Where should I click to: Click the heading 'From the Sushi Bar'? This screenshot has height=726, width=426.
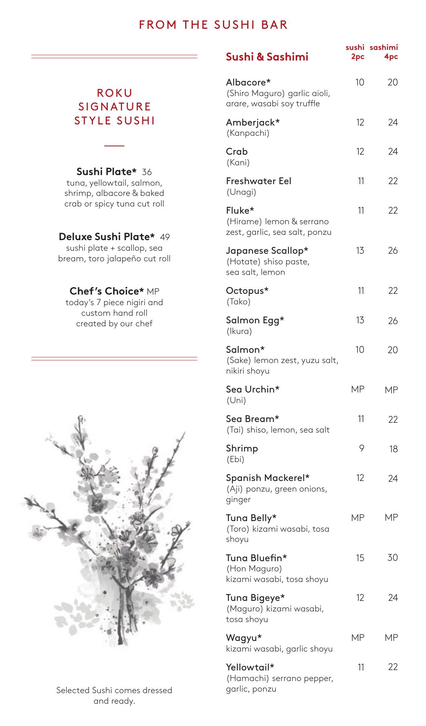pos(213,25)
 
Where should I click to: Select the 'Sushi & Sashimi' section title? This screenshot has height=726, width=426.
pos(267,57)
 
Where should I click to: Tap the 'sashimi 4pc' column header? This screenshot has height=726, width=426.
pos(384,52)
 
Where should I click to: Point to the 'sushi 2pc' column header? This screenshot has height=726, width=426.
pos(355,52)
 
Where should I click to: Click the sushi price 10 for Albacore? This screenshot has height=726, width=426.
pos(359,82)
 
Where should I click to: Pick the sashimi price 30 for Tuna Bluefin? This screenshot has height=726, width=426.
pos(392,557)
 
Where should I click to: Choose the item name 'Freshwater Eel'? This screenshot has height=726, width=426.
pos(259,181)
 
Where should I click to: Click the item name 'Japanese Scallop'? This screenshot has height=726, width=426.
pos(267,251)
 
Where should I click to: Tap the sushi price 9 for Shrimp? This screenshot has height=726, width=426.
pos(361,448)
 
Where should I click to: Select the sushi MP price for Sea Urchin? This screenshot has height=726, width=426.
pos(358,389)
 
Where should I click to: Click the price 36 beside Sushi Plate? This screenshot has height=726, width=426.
pos(147,172)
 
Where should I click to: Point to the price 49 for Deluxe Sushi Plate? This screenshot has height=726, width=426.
pos(165,237)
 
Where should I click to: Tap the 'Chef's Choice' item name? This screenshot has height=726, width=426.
pos(107,291)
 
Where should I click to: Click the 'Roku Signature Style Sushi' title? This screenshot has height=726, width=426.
pos(115,107)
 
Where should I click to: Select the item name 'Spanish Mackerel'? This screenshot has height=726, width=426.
pos(268,478)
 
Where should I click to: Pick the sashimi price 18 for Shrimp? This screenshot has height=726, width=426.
pos(393,449)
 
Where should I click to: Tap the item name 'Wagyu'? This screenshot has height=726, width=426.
pos(244,638)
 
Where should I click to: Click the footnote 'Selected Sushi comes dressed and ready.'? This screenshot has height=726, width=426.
pos(114,695)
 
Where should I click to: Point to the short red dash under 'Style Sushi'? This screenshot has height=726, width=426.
pos(114,146)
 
